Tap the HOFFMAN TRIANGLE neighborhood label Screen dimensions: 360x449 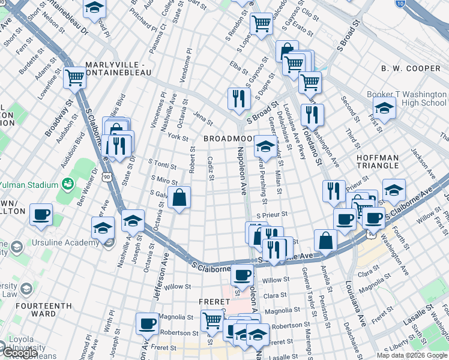coord(385,161)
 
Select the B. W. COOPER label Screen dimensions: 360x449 coord(411,68)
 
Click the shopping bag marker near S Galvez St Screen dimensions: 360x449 coord(179,197)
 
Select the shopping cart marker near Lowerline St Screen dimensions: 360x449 coord(75,77)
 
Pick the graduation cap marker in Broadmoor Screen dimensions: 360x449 coord(264,145)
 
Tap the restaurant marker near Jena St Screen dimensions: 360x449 coord(239,98)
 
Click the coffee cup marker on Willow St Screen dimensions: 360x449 coord(242,275)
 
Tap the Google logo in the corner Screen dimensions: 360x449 coord(19,353)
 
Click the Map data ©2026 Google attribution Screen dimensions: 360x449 coord(412,355)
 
